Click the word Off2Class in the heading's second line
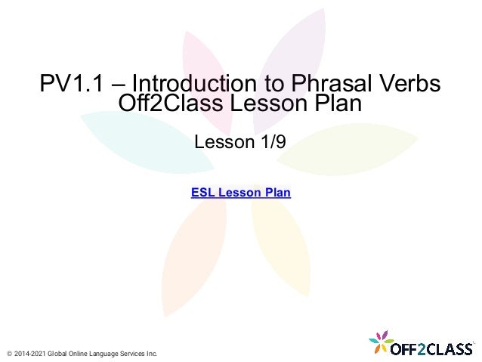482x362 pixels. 168,105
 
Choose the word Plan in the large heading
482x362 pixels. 337,105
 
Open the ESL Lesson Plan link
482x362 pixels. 241,193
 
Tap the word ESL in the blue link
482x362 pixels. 203,193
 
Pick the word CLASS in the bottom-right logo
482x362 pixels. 450,348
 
